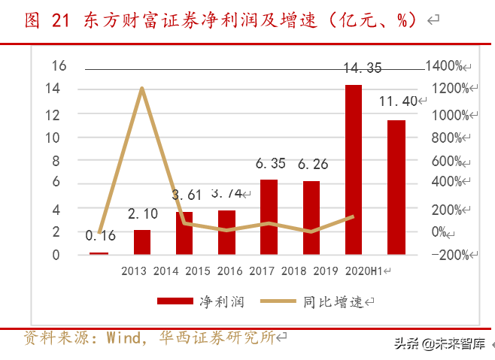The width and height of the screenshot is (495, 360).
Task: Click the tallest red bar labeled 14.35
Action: [x=353, y=170]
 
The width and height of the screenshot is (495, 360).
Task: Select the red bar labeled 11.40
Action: [x=396, y=187]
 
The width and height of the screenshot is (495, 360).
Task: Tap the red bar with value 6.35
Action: [x=269, y=217]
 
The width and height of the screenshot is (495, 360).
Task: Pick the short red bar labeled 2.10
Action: [x=141, y=242]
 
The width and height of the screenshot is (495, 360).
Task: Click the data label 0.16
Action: [x=100, y=235]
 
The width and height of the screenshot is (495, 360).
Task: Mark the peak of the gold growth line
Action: [x=141, y=89]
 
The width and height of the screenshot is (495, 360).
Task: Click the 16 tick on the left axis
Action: [x=59, y=66]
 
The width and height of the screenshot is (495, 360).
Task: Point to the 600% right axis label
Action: [x=448, y=161]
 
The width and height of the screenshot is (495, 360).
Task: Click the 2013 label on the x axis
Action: [x=134, y=271]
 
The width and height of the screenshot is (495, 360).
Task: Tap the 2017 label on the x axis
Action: [x=262, y=271]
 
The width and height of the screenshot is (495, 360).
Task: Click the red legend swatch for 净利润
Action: [x=176, y=301]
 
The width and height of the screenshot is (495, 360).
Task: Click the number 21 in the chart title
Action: [x=60, y=21]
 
